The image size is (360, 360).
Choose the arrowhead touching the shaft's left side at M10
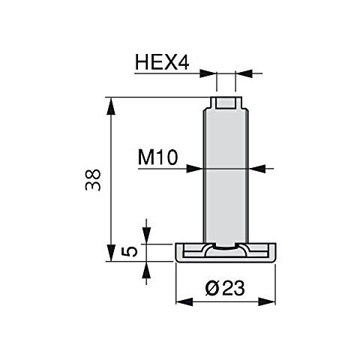196,169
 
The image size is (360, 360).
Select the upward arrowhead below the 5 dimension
146,266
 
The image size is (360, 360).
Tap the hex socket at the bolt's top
226,102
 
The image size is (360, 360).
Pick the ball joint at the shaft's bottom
226,247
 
